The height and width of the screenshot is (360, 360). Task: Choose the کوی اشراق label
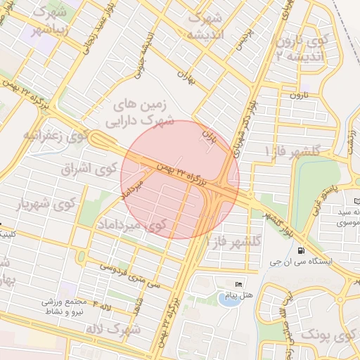[91, 169]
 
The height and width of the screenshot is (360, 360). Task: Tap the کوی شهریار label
[46, 204]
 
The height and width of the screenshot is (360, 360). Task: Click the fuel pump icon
[301, 251]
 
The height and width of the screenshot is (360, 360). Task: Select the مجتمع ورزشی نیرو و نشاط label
[64, 305]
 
